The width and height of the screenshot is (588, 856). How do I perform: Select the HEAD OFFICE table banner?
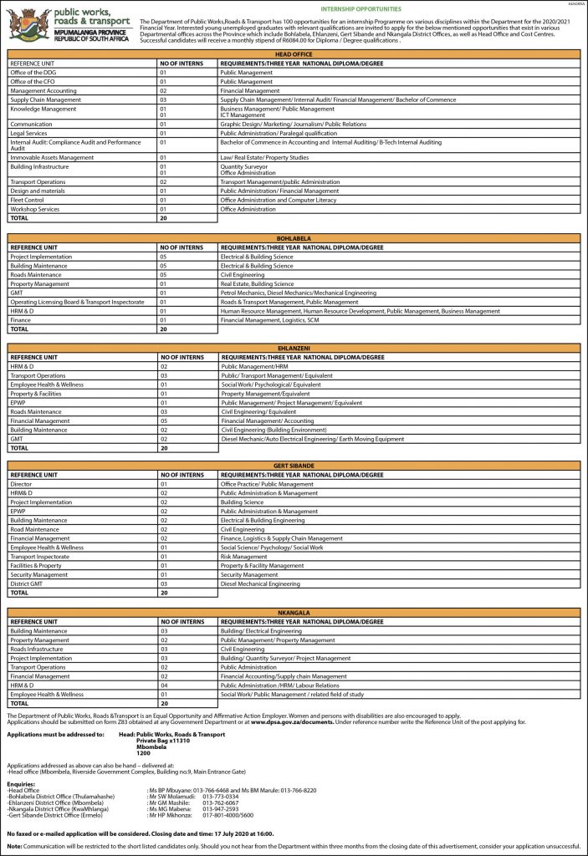294,53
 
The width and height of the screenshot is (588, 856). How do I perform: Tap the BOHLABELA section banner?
294,238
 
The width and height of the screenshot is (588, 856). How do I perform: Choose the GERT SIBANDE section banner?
294,465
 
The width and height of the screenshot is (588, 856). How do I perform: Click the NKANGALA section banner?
294,613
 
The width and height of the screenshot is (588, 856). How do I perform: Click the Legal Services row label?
28,133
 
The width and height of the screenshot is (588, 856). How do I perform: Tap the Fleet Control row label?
27,200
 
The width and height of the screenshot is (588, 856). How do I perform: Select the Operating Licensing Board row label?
75,302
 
